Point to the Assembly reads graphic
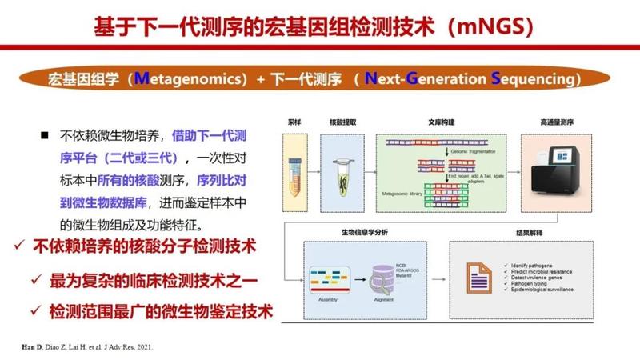coord(326,272)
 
